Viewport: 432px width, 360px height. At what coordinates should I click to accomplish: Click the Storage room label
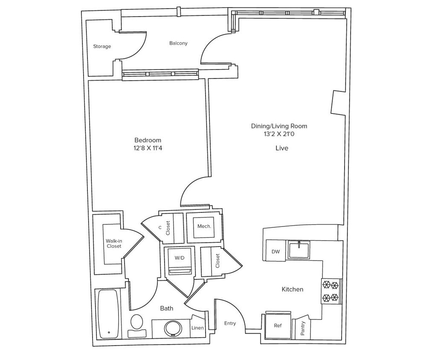[x=102, y=46]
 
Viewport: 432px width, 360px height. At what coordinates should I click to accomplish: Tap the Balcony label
[x=178, y=43]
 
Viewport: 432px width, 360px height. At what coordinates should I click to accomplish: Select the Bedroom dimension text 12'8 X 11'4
[x=148, y=148]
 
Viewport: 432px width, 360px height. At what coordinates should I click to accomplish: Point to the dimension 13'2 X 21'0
[x=279, y=134]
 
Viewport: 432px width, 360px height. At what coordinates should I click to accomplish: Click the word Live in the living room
[x=281, y=148]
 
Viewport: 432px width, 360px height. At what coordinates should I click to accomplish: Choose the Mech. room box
[x=204, y=226]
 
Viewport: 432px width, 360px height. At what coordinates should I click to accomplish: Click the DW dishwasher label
[x=275, y=252]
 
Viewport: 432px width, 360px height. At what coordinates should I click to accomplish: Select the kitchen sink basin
[x=299, y=250]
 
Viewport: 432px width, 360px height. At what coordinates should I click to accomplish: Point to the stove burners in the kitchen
[x=331, y=291]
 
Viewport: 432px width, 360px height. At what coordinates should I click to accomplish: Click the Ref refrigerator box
[x=278, y=325]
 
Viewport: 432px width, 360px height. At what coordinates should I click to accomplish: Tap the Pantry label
[x=303, y=328]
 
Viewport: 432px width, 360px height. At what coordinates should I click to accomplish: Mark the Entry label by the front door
[x=230, y=323]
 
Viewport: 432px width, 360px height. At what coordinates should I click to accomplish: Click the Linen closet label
[x=197, y=328]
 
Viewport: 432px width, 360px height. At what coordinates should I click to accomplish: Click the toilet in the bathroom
[x=137, y=323]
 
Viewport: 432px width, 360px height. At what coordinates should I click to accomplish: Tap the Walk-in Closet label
[x=113, y=244]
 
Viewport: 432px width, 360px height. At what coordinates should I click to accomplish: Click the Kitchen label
[x=293, y=289]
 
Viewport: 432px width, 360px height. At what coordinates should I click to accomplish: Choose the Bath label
[x=166, y=308]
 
